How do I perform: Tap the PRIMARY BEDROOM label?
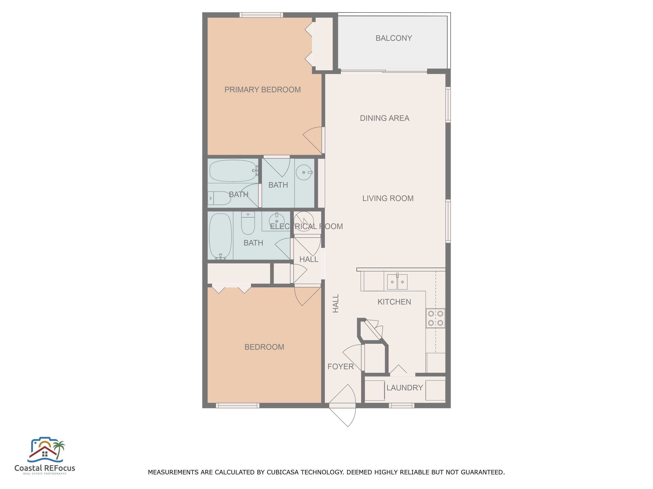(263, 90)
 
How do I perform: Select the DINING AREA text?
(384, 118)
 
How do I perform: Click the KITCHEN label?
(394, 302)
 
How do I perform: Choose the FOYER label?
(340, 366)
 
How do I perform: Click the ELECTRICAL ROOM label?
(307, 226)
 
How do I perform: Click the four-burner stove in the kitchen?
(435, 318)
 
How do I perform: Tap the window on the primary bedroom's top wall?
(261, 15)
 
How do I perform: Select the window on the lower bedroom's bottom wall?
(238, 406)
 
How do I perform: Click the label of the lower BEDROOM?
(264, 347)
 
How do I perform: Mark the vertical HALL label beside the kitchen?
(336, 303)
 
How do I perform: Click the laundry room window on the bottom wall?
(402, 406)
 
